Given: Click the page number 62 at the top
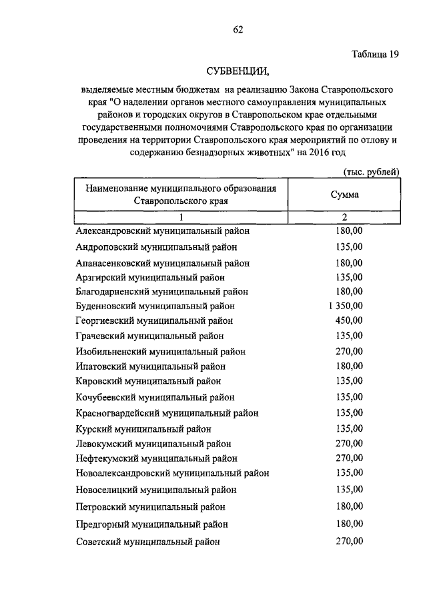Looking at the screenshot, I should coord(238,29).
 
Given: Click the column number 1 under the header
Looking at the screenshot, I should coord(180,217).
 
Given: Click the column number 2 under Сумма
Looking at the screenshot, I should coord(345,217).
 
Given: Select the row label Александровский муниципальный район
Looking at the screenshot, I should coord(162,232).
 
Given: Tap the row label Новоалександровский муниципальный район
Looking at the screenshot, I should coord(172,474).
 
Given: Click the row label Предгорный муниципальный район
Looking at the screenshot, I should coord(152,524).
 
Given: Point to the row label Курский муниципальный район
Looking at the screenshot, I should coord(143,428).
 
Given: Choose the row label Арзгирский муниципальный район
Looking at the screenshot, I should coord(150,277).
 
